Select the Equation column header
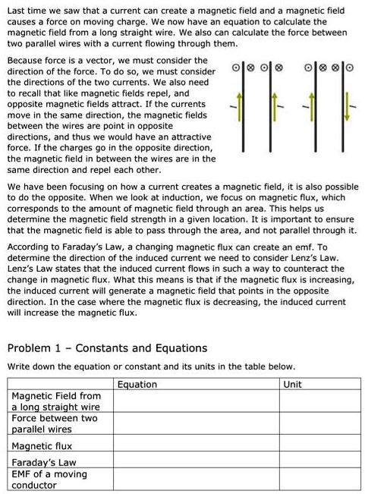coord(137,384)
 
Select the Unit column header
coord(291,384)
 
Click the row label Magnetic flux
coord(42,446)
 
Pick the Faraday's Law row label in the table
coord(43,461)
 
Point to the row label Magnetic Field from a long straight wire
coord(56,401)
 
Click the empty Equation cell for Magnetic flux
coord(196,446)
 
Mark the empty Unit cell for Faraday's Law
coord(319,461)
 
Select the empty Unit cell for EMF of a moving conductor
coord(319,480)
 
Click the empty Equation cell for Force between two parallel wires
coord(196,423)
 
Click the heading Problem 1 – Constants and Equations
coord(106,348)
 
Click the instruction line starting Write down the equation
coord(150,366)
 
